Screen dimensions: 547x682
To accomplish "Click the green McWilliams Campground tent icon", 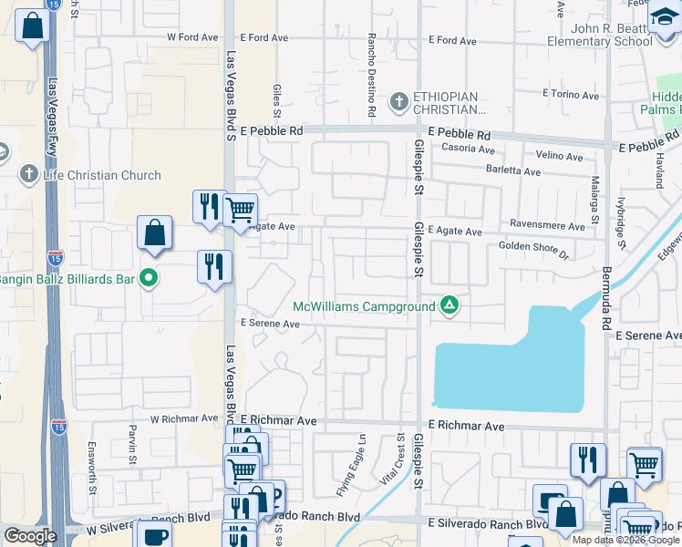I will [449, 306].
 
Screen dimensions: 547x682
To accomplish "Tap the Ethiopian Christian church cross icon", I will [398, 101].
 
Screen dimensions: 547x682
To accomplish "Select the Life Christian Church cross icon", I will [29, 174].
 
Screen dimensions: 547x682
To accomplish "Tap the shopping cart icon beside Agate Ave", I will [239, 211].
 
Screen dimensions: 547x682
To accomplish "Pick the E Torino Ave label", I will [571, 95].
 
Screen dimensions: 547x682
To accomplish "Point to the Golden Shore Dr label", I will [533, 248].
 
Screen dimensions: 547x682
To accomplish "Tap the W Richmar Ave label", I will [187, 419].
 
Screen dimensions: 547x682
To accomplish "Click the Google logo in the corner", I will [30, 535].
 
